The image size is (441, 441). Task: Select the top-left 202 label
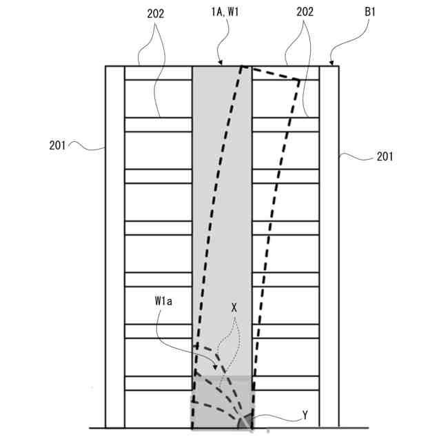point(156,12)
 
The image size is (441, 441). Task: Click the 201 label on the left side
point(59,145)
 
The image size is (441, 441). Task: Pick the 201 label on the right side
point(384,157)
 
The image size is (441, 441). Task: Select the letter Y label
point(305,416)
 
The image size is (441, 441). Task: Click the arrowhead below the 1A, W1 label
point(220,63)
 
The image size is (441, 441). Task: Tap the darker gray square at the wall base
point(222,402)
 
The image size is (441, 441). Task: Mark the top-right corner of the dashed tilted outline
point(299,79)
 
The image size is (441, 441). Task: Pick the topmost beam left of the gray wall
point(158,73)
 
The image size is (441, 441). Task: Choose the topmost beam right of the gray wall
point(285,73)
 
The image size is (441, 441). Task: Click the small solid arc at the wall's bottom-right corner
point(242,422)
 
